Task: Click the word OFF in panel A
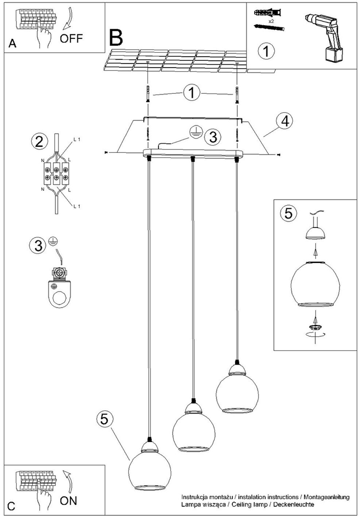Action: coord(71,38)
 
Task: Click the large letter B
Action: coord(116,37)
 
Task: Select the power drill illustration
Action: coord(324,38)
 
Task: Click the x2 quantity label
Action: coord(271,21)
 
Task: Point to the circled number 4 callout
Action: coord(285,121)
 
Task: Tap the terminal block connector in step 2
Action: coord(56,173)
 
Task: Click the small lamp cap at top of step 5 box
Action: coord(315,233)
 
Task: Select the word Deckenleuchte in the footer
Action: coord(294,504)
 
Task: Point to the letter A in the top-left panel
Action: coord(12,43)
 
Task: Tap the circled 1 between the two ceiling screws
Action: coord(192,93)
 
